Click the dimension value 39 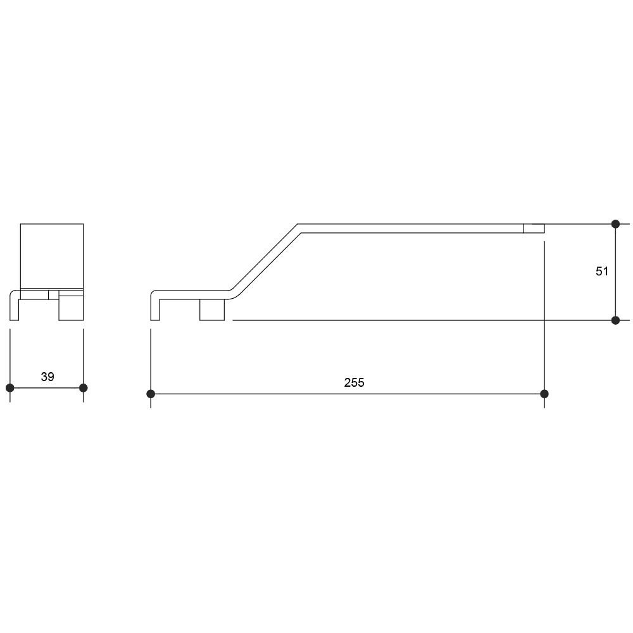[47, 377]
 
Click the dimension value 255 [354, 382]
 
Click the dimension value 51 [601, 272]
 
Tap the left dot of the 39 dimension [10, 388]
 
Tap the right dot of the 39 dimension [83, 388]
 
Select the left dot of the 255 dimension [151, 394]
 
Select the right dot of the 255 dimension [544, 394]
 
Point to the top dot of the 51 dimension [615, 223]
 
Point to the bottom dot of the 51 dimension [615, 320]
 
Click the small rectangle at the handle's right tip [534, 229]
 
